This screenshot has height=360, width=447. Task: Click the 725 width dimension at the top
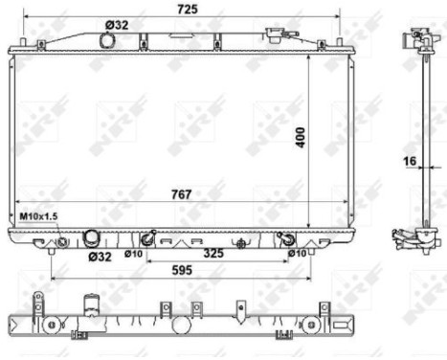pos(187,9)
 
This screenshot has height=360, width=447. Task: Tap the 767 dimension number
pos(181,194)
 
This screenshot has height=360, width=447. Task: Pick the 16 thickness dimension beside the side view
pos(409,163)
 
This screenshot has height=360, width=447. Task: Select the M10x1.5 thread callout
pos(39,218)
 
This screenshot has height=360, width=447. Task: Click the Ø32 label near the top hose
pos(115,25)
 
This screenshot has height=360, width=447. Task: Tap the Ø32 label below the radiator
pos(99,257)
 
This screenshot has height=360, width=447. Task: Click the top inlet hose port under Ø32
pos(107,40)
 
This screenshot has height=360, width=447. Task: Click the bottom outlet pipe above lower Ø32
pos(92,237)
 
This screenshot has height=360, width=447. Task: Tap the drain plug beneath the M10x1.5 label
pos(62,241)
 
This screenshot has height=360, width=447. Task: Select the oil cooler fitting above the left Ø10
pos(147,238)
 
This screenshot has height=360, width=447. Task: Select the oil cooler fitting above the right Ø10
pos(283,238)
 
